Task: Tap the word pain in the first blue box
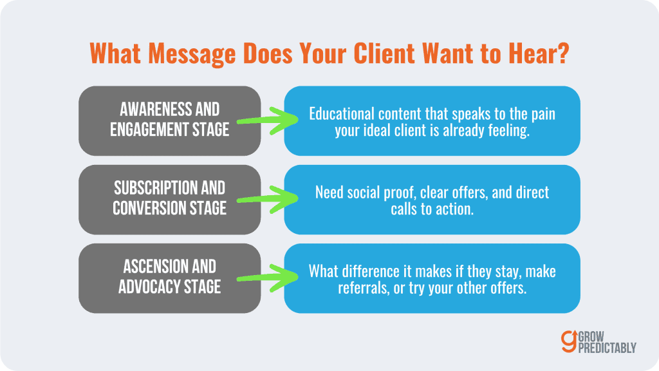(542, 114)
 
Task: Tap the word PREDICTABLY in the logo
(608, 348)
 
